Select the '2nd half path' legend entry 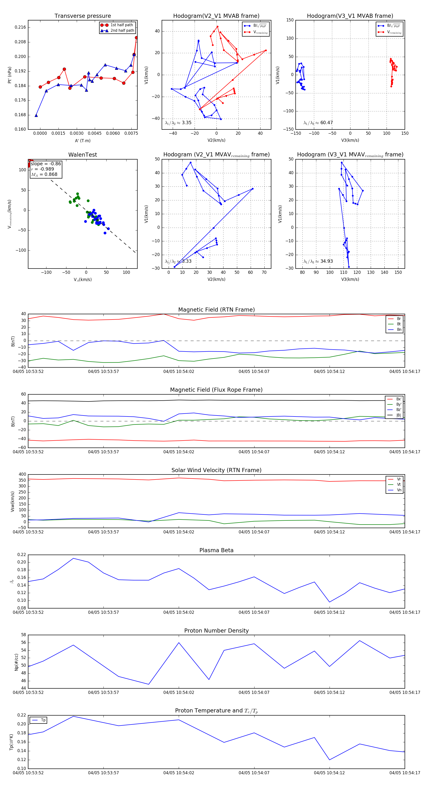click(122, 31)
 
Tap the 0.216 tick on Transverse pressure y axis click(20, 27)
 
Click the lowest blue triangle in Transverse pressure click(36, 115)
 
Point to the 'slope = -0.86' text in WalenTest click(46, 164)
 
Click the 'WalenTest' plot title click(83, 155)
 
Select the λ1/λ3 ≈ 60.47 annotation click(318, 123)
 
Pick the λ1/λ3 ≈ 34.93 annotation click(318, 261)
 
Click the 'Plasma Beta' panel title click(216, 550)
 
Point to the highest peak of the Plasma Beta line click(73, 558)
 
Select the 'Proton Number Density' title click(216, 630)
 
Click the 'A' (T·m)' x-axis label click(83, 141)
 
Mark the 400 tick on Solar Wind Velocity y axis click(22, 474)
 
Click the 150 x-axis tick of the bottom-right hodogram click(398, 272)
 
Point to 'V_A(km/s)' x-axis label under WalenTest click(83, 280)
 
